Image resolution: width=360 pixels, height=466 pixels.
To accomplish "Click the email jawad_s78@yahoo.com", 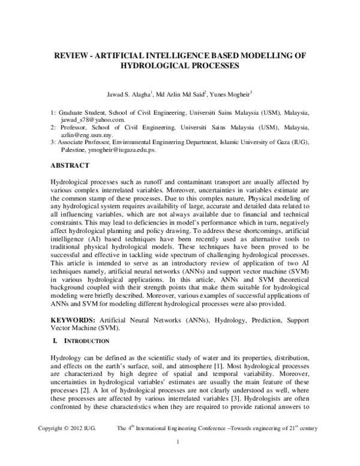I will coord(88,120).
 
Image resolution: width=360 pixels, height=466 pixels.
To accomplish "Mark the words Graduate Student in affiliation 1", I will coord(82,112).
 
